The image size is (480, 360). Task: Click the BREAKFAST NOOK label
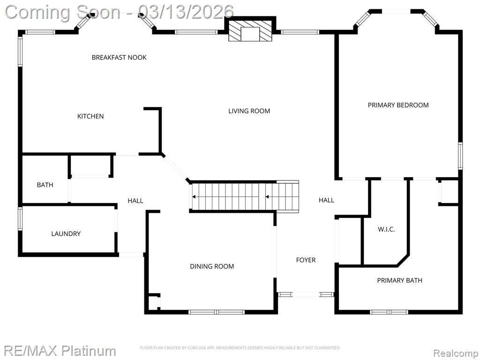point(119,58)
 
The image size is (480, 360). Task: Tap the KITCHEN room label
point(90,116)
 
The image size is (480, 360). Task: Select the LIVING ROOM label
point(249,111)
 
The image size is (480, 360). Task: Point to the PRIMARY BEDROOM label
point(398,105)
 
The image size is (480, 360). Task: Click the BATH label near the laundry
point(45,185)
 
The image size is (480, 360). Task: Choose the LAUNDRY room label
point(66,234)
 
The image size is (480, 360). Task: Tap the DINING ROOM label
point(212,267)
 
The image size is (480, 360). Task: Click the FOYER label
point(306,260)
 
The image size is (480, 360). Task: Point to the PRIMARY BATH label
point(399,280)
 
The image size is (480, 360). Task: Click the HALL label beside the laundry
point(135,201)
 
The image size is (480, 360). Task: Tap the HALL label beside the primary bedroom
point(326,200)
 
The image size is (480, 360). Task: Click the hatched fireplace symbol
point(250,30)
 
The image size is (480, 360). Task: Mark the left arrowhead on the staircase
point(194,197)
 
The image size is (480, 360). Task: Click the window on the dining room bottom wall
point(217,312)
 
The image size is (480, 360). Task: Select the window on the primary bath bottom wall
point(389,312)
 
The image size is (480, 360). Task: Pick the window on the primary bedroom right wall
point(460,156)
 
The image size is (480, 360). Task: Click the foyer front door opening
point(306,294)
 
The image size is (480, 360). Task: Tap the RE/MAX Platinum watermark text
point(60,351)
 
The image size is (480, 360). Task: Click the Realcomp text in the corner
point(455,353)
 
